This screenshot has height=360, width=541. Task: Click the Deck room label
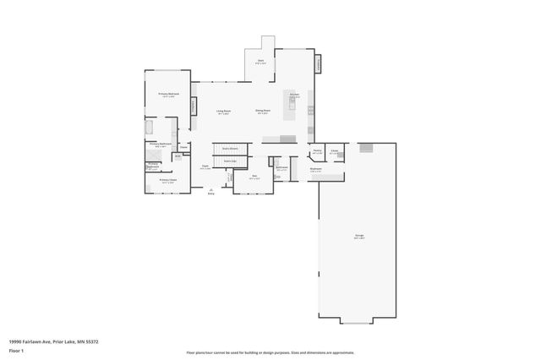point(262,61)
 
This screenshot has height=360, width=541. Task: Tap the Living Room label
point(224,111)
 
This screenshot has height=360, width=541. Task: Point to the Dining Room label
point(263,110)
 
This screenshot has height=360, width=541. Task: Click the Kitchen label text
point(295,95)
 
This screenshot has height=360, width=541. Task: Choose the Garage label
point(359,237)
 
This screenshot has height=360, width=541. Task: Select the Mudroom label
point(315,169)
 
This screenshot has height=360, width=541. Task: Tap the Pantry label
point(316,151)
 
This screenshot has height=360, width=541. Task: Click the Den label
point(254,177)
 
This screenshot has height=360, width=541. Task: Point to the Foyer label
point(205,166)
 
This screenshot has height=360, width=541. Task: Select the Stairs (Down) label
point(229,148)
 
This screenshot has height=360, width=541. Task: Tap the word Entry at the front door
point(211,194)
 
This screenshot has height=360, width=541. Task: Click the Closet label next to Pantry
point(335,151)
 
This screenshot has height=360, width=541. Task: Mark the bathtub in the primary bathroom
point(150,128)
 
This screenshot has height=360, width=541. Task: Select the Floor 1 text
point(17,349)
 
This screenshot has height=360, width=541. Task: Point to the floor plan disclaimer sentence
point(270,352)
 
